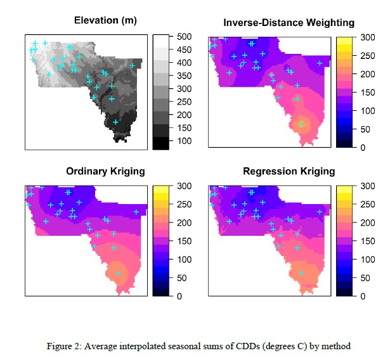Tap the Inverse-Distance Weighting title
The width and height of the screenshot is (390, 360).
pos(289,23)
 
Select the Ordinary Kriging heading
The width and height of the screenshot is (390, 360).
pos(105,171)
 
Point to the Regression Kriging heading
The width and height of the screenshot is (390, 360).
pos(289,171)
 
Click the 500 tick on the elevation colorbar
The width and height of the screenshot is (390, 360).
pos(185,37)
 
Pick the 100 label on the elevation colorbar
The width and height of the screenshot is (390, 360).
pos(185,141)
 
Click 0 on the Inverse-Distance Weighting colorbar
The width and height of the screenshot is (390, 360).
pos(363,148)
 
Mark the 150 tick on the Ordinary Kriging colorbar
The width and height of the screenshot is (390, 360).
pos(185,241)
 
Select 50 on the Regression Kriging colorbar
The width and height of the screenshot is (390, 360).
pos(365,278)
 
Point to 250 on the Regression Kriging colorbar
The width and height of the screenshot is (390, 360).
pos(368,204)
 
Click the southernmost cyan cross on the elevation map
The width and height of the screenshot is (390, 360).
pos(115,122)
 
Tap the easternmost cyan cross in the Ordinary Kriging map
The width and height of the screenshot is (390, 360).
pos(136,212)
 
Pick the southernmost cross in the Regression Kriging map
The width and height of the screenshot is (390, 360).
pos(301,273)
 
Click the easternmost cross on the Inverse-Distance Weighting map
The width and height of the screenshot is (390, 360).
pos(320,63)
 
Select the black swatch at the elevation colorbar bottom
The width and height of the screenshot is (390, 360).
pos(161,143)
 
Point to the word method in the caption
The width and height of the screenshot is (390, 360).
pos(336,346)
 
